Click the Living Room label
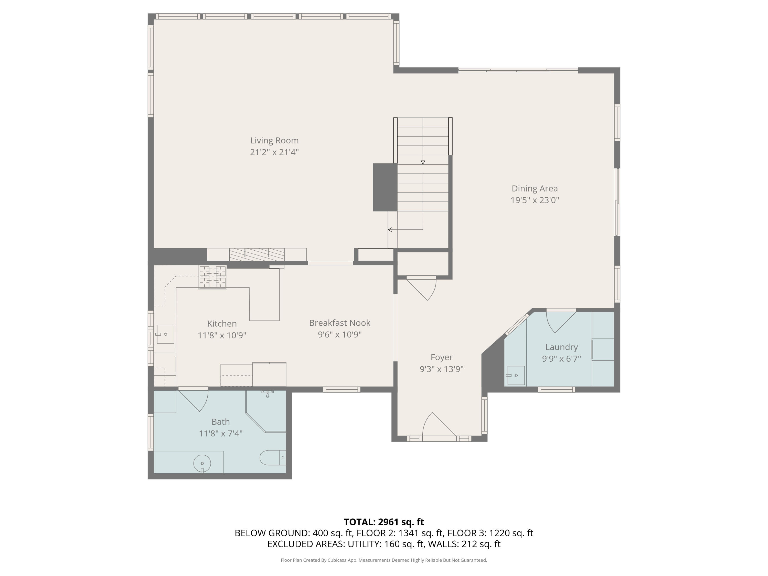click(x=274, y=140)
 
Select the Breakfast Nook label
click(x=339, y=323)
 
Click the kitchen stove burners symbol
click(x=212, y=277)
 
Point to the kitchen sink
click(x=165, y=334)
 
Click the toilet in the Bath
click(x=273, y=458)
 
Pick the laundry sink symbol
click(x=516, y=375)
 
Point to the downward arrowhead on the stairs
click(x=423, y=162)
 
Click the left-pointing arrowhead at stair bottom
click(x=390, y=229)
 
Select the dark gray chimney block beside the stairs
click(x=385, y=187)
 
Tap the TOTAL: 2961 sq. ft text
click(x=384, y=522)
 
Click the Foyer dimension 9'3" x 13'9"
click(x=441, y=369)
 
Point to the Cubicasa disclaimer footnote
click(x=384, y=560)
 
